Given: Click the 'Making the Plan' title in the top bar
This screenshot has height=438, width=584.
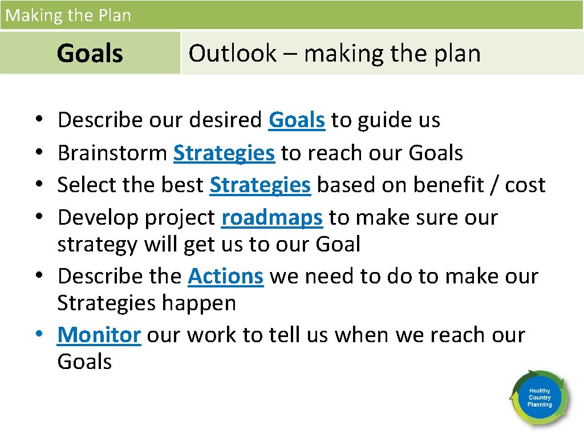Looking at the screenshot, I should (68, 15).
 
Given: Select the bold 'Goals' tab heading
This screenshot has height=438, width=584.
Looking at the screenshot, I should (90, 54).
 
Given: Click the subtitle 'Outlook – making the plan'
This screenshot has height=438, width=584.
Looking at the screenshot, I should (334, 54).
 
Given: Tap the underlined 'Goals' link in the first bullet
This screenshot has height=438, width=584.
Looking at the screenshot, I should (297, 120).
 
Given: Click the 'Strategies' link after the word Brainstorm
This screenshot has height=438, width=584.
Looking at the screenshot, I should (224, 153).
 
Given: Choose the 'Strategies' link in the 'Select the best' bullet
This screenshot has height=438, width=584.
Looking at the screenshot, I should (260, 185).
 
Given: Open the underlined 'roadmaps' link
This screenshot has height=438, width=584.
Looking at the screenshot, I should (272, 218).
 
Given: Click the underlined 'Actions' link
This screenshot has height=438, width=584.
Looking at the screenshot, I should (225, 277).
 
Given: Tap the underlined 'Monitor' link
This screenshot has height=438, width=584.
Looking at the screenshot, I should (99, 335).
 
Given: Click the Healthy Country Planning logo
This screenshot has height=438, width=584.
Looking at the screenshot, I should (540, 397).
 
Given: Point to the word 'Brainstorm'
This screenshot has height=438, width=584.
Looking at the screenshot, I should (112, 153).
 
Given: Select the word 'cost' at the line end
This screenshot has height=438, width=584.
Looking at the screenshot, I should (525, 185).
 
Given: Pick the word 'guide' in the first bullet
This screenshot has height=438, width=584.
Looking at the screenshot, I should (388, 120).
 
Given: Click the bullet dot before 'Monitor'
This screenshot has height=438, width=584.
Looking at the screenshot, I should (44, 335).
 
